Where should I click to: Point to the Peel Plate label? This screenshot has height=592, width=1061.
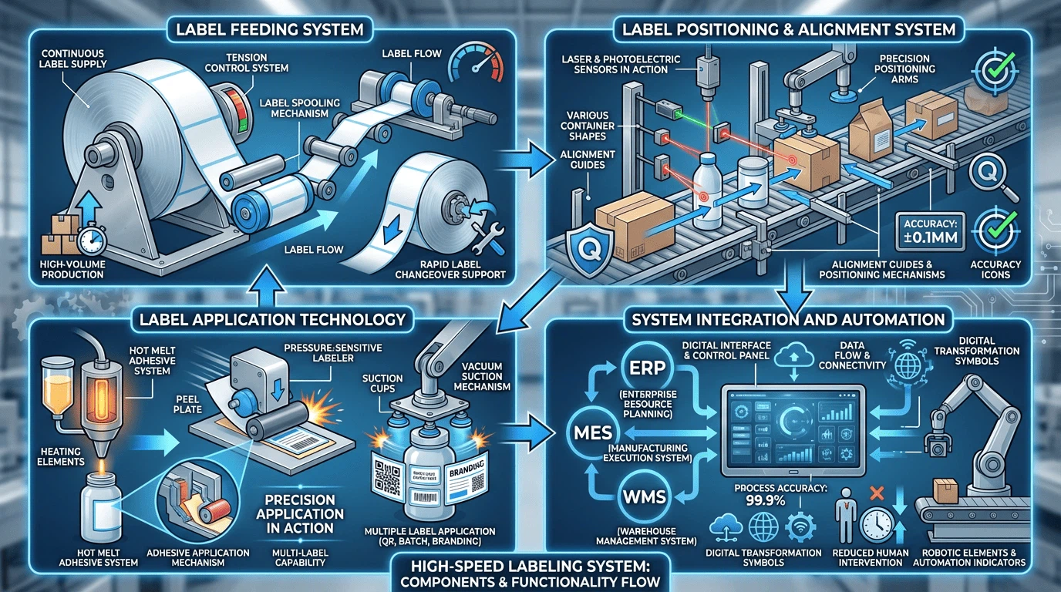coord(187,402)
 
